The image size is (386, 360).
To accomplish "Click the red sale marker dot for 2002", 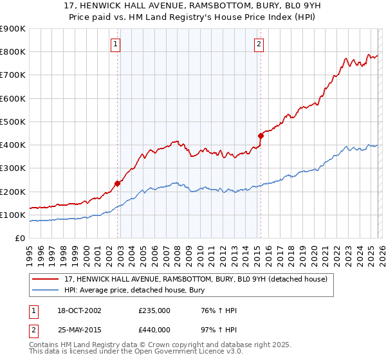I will tap(118, 183).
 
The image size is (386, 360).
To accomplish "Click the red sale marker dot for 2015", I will tap(261, 136).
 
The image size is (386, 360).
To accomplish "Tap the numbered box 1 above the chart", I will tap(115, 44).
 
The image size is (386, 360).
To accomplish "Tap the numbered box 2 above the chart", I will tap(259, 44).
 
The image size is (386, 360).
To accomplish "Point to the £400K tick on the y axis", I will tap(13, 145).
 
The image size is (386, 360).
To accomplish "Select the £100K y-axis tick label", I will tap(13, 215).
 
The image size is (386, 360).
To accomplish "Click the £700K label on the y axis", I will tap(13, 75).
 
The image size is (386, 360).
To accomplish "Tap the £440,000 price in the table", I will tap(154, 329).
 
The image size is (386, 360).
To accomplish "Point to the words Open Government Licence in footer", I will tap(185, 352).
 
